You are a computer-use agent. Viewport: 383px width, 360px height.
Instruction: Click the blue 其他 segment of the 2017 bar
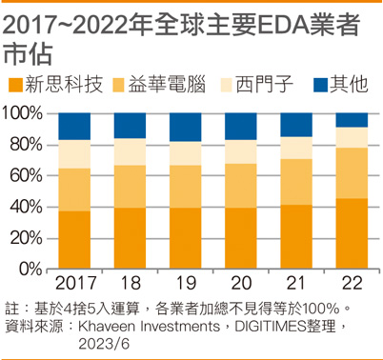pos(74,127)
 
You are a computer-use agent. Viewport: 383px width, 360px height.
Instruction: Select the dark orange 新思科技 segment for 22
pos(352,233)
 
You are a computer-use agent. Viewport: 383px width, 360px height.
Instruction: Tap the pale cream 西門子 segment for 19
pos(185,153)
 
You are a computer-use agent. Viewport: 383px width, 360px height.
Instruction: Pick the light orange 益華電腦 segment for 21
pos(296,182)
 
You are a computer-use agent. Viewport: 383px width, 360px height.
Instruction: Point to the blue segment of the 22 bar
pos(352,120)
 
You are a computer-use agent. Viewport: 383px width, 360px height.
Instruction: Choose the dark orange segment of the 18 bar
pos(130,238)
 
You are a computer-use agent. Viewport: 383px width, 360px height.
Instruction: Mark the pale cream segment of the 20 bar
pos(241,151)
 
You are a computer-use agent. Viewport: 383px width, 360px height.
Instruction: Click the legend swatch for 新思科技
pos(15,85)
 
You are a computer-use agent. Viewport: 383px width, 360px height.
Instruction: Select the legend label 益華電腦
pos(167,85)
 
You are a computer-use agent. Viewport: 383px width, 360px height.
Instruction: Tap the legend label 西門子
pos(264,85)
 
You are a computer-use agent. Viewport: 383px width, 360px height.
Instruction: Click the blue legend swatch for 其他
pos(321,85)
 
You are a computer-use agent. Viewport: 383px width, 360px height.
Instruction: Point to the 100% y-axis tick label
pos(22,113)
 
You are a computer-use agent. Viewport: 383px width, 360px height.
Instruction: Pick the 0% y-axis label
pos(30,270)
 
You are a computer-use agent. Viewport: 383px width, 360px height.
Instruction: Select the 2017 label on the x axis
pos(76,283)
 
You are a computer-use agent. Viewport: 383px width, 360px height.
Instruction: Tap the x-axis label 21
pos(295,283)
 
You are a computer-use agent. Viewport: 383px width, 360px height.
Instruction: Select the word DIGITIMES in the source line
pos(271,327)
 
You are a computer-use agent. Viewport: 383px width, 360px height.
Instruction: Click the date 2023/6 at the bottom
pos(104,344)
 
